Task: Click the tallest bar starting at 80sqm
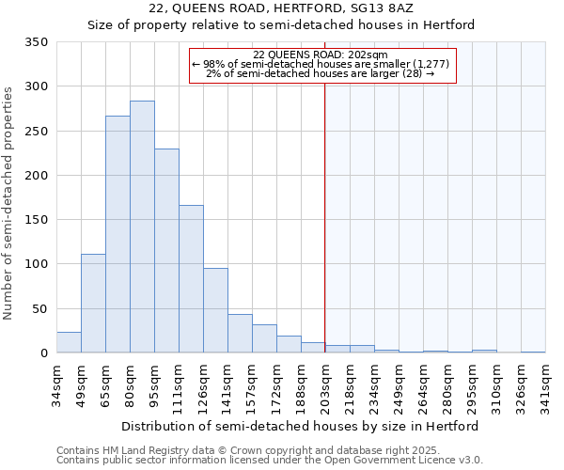[142, 227]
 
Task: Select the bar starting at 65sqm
[117, 234]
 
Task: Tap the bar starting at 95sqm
[166, 250]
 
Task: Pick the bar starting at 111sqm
[191, 278]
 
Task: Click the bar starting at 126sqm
[215, 310]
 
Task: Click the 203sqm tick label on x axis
[326, 386]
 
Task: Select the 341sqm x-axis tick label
[546, 386]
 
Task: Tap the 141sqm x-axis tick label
[228, 386]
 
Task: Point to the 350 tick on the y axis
[37, 42]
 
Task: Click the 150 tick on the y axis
[37, 220]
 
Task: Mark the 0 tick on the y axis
[43, 353]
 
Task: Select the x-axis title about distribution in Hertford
[301, 426]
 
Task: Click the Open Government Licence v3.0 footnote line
[270, 461]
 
